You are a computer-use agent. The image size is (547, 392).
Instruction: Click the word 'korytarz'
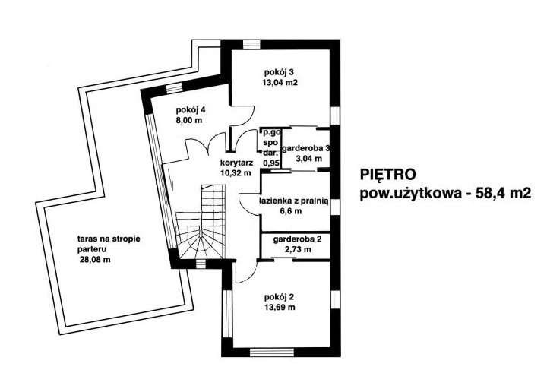coord(236,163)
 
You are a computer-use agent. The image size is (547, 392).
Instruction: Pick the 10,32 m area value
coord(236,173)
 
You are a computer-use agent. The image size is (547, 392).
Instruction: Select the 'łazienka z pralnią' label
coord(292,201)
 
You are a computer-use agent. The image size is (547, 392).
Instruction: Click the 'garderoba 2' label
coord(296,239)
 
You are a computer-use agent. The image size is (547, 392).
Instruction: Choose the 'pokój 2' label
coord(279,296)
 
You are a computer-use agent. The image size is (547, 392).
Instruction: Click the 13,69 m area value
coord(280,308)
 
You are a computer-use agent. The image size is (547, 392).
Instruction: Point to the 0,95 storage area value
coord(270,163)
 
